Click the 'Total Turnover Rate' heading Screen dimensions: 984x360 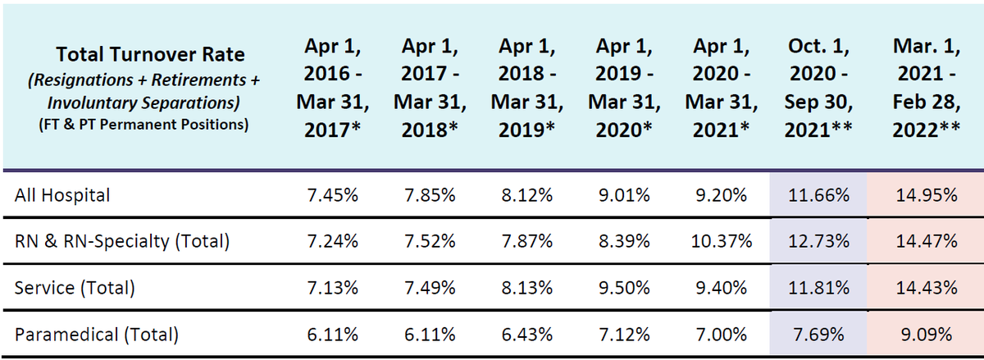[x=150, y=54]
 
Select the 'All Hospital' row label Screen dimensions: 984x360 [x=62, y=195]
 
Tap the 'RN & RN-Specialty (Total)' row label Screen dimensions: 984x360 [x=122, y=241]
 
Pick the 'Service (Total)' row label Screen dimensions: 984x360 [x=75, y=288]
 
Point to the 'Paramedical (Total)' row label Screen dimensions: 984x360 [x=97, y=335]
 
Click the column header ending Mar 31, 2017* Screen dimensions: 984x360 [x=333, y=88]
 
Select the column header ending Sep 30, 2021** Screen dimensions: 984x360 [x=818, y=88]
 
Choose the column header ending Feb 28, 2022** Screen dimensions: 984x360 [x=927, y=88]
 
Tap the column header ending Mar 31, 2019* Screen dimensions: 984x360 [x=527, y=88]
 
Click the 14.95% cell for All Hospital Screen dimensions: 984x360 [x=927, y=195]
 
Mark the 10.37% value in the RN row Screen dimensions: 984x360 [x=722, y=241]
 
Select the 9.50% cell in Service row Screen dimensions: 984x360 [x=624, y=288]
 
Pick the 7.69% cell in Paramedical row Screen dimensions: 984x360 [x=818, y=335]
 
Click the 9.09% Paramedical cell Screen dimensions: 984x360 [x=927, y=335]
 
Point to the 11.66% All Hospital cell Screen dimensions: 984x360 [x=818, y=195]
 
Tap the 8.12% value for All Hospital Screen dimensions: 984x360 [x=527, y=195]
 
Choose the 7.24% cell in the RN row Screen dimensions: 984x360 [x=333, y=241]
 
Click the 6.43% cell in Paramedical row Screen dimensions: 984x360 [x=527, y=335]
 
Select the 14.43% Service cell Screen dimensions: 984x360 [x=927, y=288]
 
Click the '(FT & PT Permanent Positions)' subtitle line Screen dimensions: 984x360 [x=143, y=125]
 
